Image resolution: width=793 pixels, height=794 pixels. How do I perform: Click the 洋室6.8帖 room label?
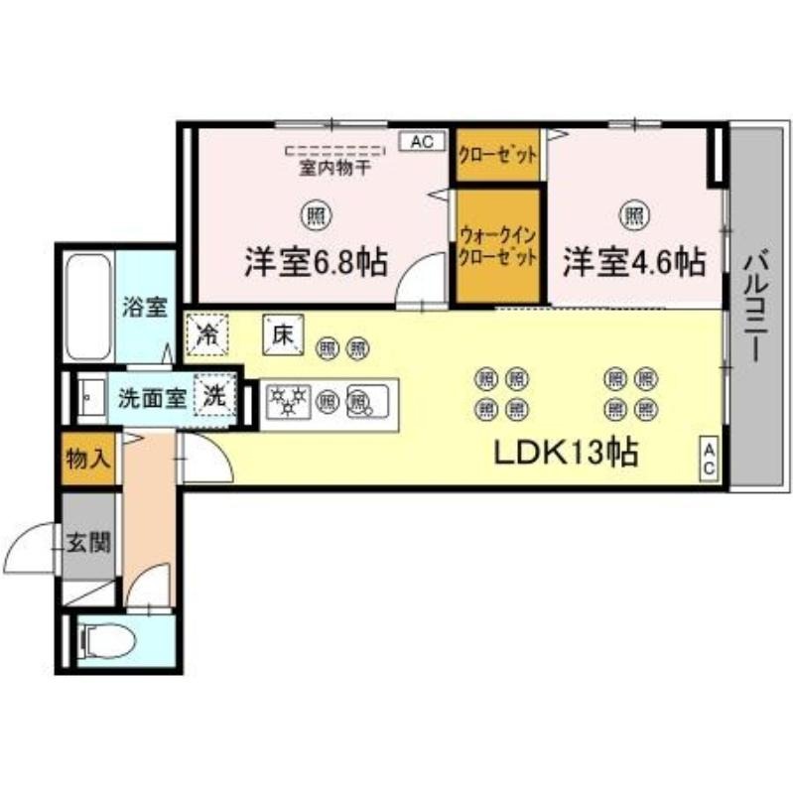pos(317,262)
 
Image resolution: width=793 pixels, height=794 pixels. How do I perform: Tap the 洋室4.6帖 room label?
pos(634,262)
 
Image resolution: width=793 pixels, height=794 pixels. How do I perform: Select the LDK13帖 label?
pos(566,453)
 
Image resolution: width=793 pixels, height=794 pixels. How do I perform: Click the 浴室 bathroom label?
pos(145,307)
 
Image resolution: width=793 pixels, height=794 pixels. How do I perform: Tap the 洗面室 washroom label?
pos(153,399)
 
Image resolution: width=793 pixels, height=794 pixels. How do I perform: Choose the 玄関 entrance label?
pos(88,543)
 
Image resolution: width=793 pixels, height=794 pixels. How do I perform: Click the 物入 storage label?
pos(88,460)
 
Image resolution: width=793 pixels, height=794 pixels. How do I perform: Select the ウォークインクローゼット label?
pos(498,246)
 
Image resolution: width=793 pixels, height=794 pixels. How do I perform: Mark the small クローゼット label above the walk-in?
pos(498,155)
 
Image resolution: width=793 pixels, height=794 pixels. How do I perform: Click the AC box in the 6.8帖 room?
pos(423,142)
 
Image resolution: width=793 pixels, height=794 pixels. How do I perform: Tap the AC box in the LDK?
pos(709,458)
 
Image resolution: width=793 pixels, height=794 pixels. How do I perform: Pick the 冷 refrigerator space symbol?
pos(207,335)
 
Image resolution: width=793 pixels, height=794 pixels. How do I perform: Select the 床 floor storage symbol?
pos(283,334)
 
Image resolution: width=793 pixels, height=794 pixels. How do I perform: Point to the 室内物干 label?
pos(334,168)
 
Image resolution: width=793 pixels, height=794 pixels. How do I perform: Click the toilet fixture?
pos(108,641)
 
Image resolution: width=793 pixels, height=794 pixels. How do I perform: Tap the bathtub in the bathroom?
pos(88,307)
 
